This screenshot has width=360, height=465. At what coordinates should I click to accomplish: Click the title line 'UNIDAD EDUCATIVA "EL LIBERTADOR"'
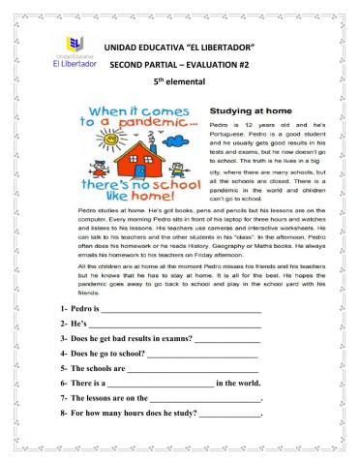(x=183, y=47)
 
